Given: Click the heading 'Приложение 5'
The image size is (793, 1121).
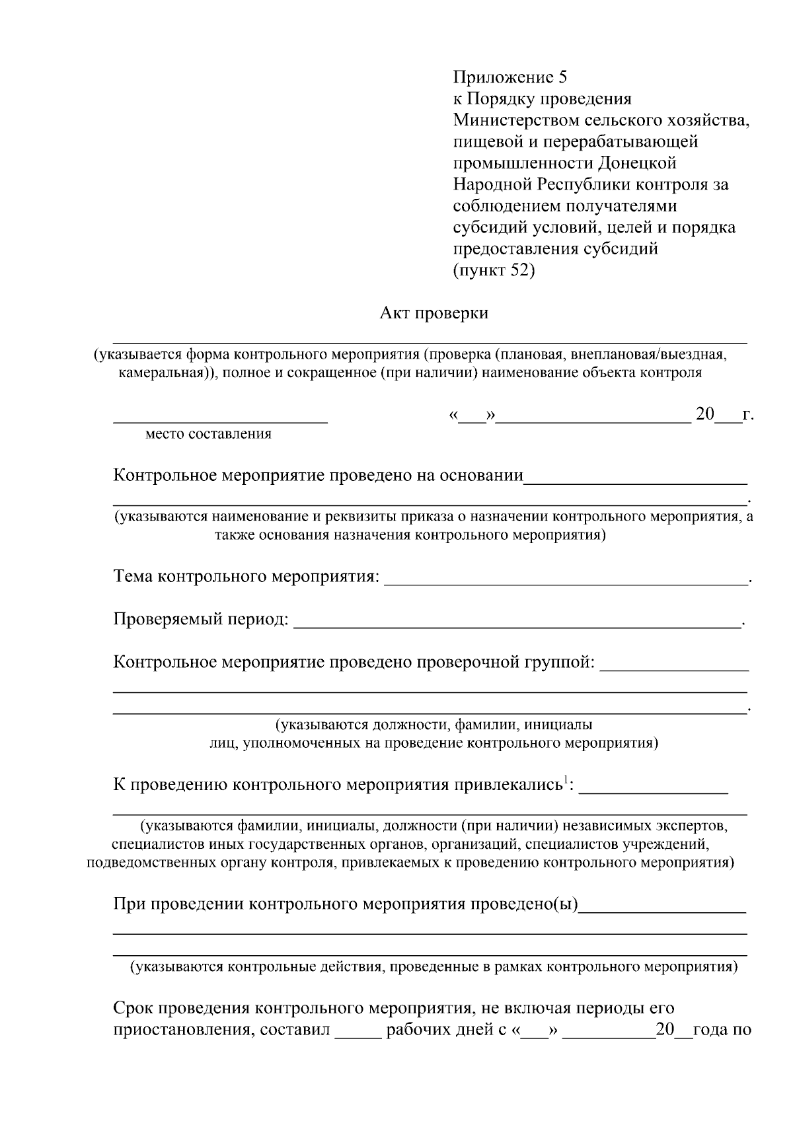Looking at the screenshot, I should [510, 77].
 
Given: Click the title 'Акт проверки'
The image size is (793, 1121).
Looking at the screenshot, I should [434, 312].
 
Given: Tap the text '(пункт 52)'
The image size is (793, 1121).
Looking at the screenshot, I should [494, 270].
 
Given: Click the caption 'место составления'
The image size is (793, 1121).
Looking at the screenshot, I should [208, 434].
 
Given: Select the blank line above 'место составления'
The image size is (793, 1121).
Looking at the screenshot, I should [220, 419].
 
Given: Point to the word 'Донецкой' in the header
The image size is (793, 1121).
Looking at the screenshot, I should [638, 163].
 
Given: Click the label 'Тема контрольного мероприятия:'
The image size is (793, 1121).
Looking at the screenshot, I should [246, 577].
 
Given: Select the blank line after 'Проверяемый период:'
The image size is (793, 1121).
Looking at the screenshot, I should [515, 623].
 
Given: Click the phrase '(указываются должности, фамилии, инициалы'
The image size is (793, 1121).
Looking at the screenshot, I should [434, 725].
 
